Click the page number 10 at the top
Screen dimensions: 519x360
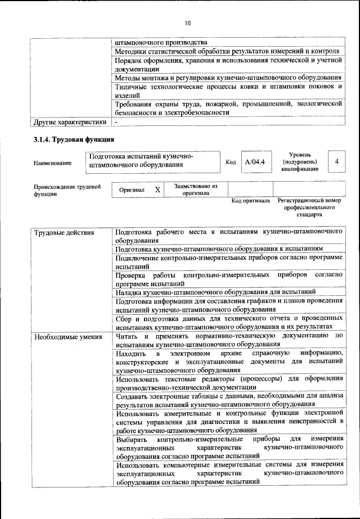click(187, 23)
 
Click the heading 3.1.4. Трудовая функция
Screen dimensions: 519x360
click(74, 140)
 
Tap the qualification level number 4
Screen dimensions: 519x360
click(336, 161)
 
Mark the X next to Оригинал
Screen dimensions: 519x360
click(157, 190)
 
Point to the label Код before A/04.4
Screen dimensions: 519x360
click(230, 162)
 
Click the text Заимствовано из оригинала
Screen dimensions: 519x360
click(195, 189)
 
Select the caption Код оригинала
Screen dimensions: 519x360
click(251, 201)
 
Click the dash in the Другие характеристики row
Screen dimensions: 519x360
click(116, 121)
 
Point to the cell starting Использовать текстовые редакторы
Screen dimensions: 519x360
click(228, 382)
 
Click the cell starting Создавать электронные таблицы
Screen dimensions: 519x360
click(228, 400)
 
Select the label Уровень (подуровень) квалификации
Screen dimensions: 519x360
click(301, 161)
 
